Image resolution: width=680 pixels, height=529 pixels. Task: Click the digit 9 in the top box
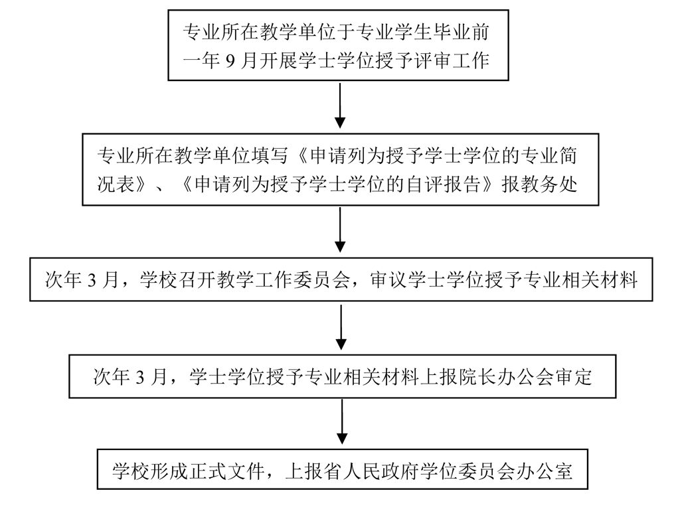click(x=230, y=62)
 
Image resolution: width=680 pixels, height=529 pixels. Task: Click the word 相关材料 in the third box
click(x=606, y=280)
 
